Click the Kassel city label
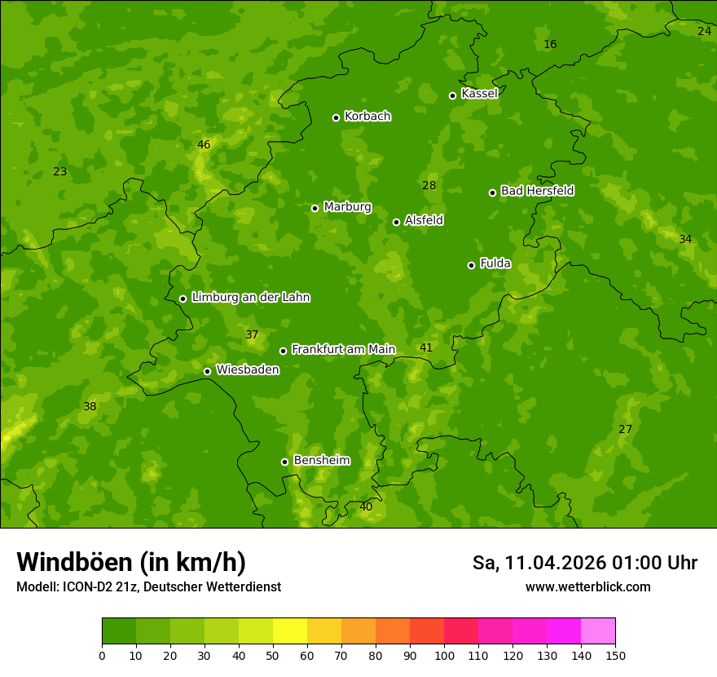(x=479, y=94)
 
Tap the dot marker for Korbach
(x=336, y=117)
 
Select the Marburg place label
(x=347, y=207)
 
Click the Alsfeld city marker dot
(x=396, y=222)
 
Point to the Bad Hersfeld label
(x=537, y=191)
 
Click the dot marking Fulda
(x=471, y=265)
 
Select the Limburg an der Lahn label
(x=250, y=298)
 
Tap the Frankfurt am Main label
(x=343, y=349)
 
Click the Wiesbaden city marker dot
(x=207, y=371)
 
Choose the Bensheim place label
(x=321, y=460)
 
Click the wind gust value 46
(x=204, y=145)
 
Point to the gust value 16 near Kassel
(x=550, y=44)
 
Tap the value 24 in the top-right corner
(x=704, y=31)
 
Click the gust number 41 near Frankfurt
(x=426, y=348)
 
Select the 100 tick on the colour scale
(x=444, y=655)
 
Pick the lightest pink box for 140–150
(x=598, y=631)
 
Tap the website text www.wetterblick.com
(x=587, y=587)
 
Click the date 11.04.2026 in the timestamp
(x=554, y=563)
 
